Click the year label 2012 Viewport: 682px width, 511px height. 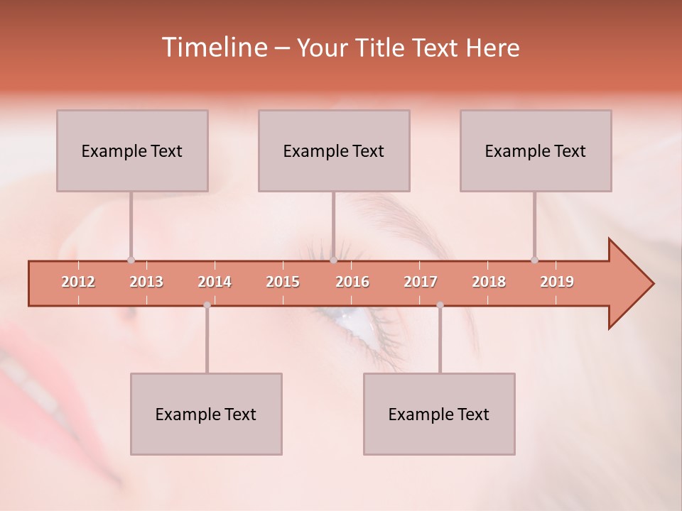(x=78, y=282)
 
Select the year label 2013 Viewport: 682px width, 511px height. (x=146, y=282)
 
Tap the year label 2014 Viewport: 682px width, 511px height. (x=215, y=282)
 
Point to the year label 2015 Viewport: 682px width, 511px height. (x=283, y=282)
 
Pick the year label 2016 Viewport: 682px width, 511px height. (x=352, y=282)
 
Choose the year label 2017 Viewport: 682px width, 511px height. (x=421, y=282)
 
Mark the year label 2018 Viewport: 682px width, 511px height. (x=489, y=282)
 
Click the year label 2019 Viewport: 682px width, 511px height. (x=557, y=282)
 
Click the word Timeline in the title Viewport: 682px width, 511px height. (x=213, y=48)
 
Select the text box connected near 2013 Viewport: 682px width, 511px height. (x=132, y=150)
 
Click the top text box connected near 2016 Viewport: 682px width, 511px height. (x=334, y=150)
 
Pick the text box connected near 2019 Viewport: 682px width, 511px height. (x=536, y=150)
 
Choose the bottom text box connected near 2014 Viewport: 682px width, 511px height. (x=206, y=414)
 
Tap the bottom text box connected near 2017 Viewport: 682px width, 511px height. (x=439, y=414)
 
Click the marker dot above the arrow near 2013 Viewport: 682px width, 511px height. (x=131, y=260)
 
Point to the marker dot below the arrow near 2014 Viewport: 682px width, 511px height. (x=207, y=305)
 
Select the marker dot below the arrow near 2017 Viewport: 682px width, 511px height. (x=440, y=305)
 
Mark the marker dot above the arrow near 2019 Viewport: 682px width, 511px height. (x=534, y=260)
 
